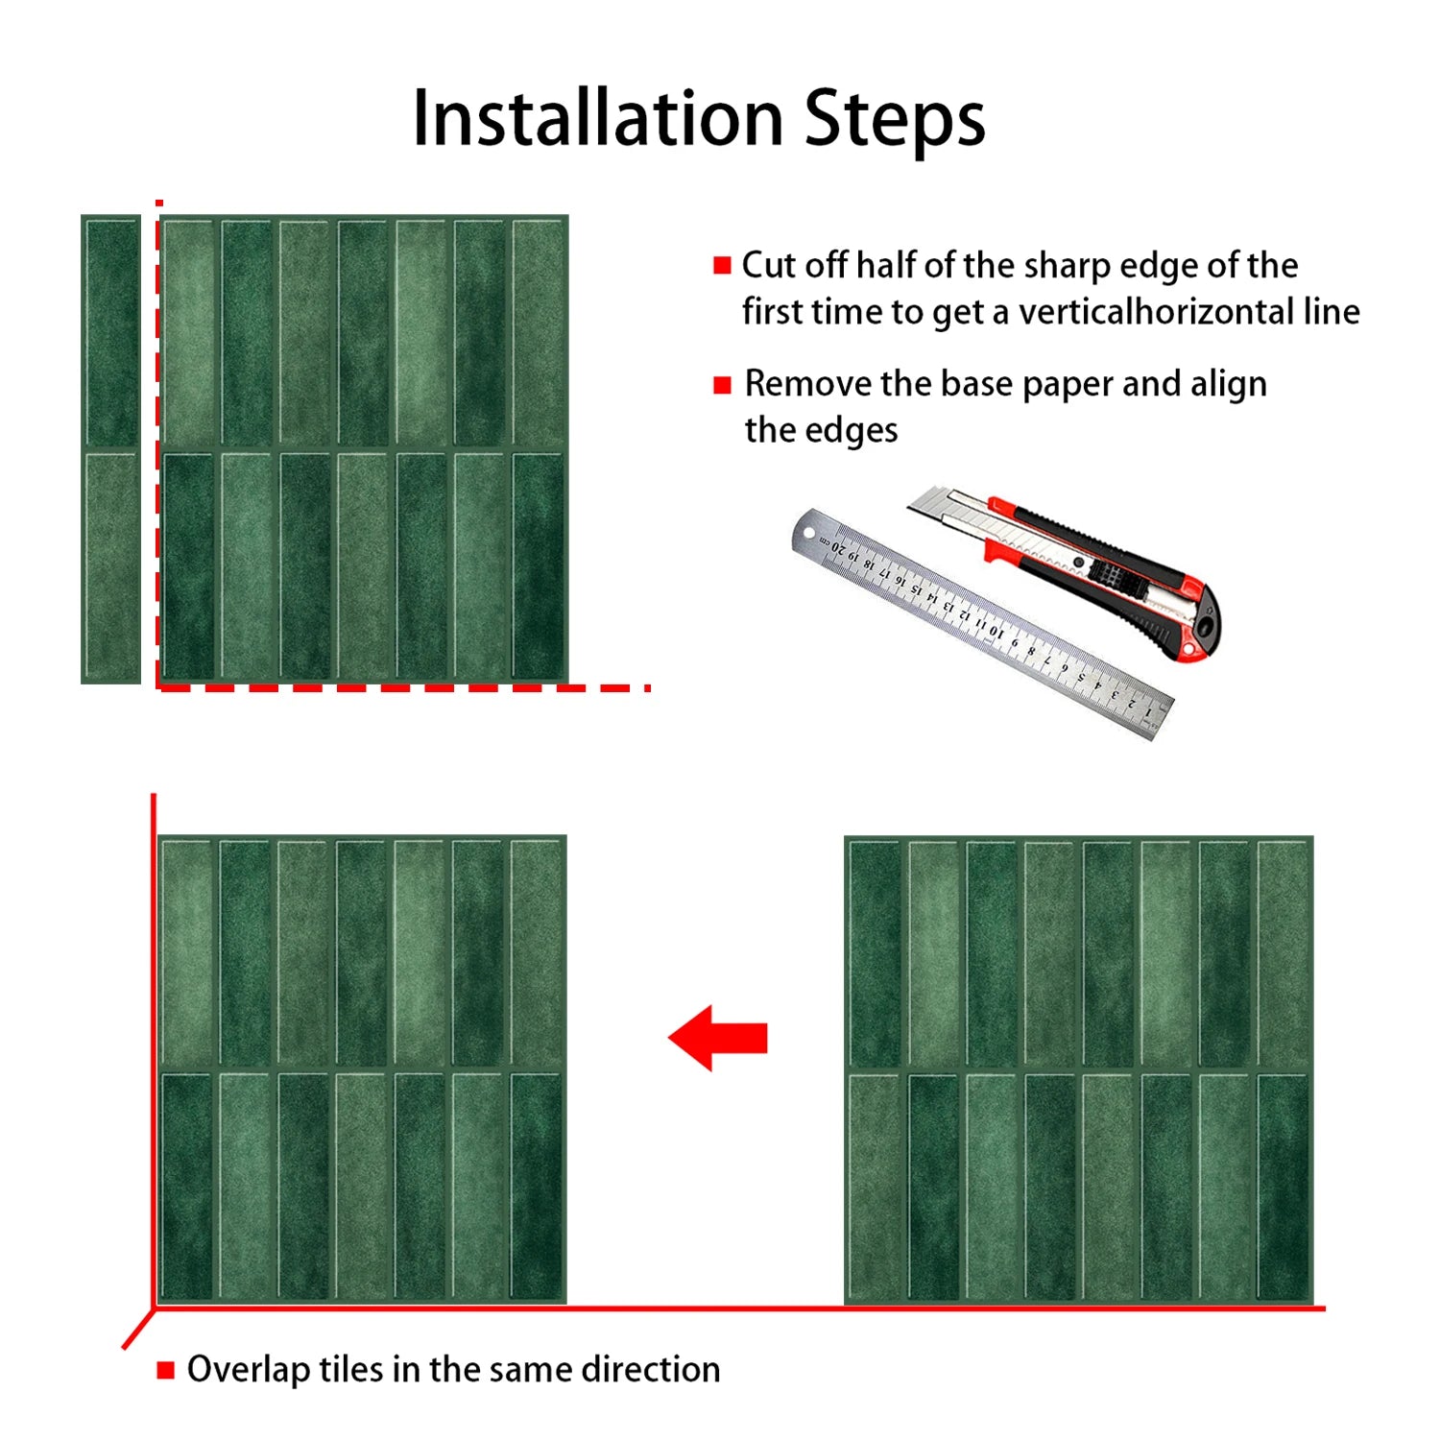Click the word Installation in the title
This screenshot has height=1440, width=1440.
tap(597, 118)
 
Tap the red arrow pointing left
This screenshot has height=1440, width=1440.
tap(717, 1038)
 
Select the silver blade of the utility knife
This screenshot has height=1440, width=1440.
tap(946, 508)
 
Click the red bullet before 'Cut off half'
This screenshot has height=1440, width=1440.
tap(722, 266)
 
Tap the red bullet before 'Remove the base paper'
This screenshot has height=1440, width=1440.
tap(722, 385)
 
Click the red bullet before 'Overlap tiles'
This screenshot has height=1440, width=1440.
tap(166, 1370)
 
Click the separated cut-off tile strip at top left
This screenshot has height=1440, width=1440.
tap(111, 449)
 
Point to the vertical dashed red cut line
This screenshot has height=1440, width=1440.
tap(158, 442)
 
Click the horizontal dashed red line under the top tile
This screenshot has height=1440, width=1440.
tap(403, 687)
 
